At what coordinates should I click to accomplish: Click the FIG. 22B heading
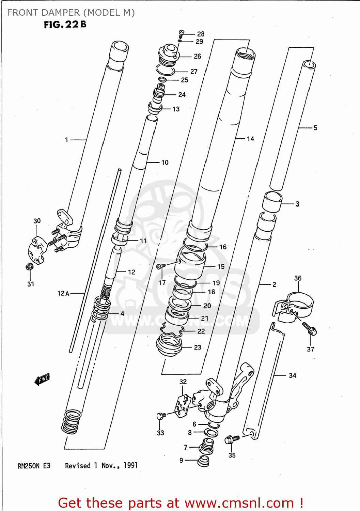pyautogui.click(x=65, y=25)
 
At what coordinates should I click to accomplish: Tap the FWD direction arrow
pyautogui.click(x=42, y=379)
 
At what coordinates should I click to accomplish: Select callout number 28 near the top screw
pyautogui.click(x=201, y=34)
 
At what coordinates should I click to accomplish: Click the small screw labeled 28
pyautogui.click(x=181, y=34)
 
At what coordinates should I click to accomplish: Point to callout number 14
pyautogui.click(x=250, y=139)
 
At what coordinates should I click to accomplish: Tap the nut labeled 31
pyautogui.click(x=30, y=267)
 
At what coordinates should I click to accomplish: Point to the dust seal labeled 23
pyautogui.click(x=169, y=345)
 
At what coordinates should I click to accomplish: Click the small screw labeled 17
pyautogui.click(x=160, y=266)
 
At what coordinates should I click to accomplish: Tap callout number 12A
pyautogui.click(x=63, y=293)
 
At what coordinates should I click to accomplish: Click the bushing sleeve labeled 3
pyautogui.click(x=272, y=201)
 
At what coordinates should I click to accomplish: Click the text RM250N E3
pyautogui.click(x=34, y=466)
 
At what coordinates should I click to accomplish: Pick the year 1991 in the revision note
pyautogui.click(x=130, y=465)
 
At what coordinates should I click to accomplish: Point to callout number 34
pyautogui.click(x=292, y=375)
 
